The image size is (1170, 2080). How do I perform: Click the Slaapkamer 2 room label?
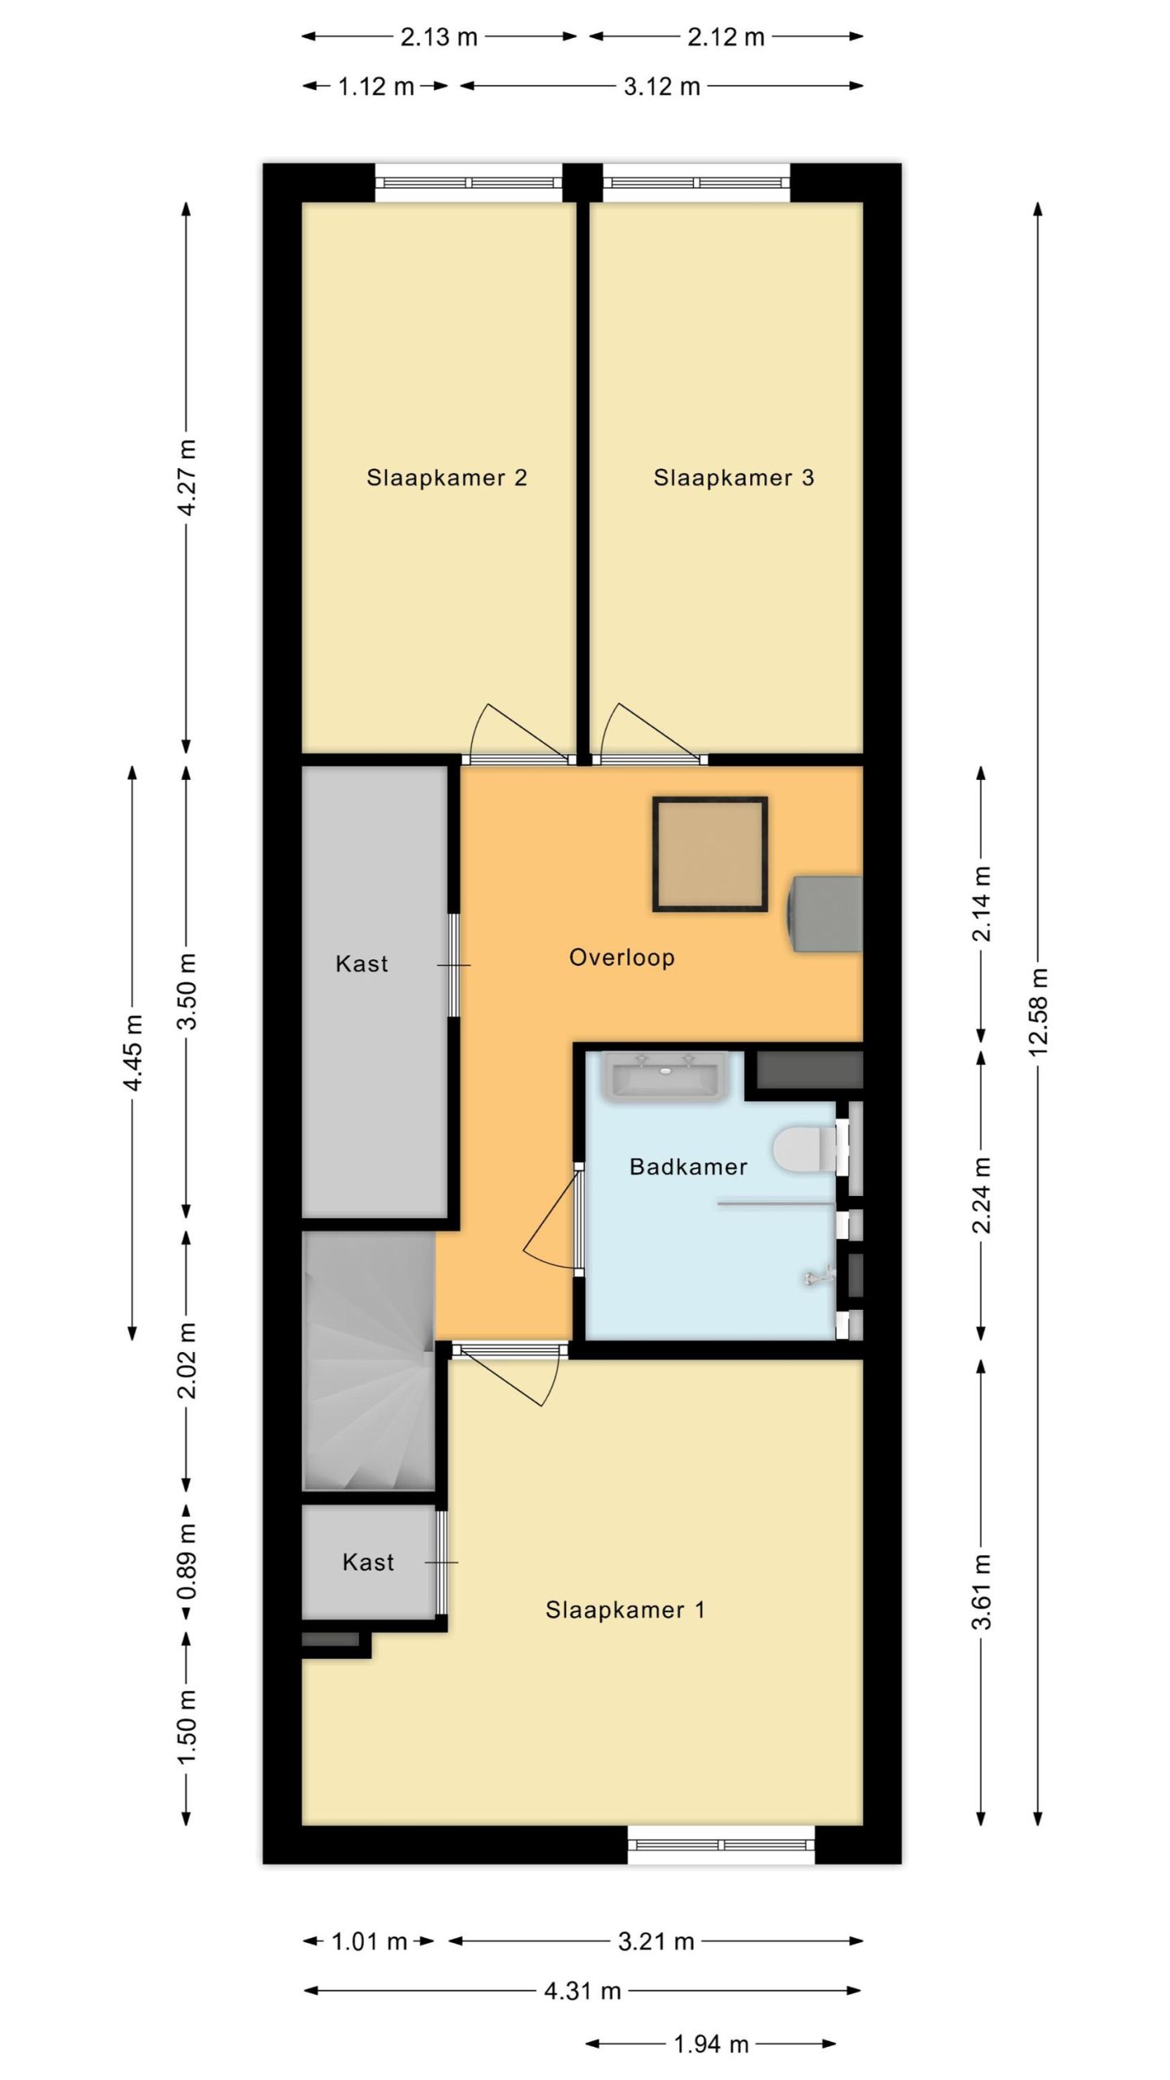tap(447, 478)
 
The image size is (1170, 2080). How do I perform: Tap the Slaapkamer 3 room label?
tap(734, 478)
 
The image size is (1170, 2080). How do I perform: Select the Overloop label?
tap(622, 958)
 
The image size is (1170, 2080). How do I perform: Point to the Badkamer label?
tap(688, 1168)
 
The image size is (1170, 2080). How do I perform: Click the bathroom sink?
tap(665, 1077)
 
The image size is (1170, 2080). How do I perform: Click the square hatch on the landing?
tap(710, 854)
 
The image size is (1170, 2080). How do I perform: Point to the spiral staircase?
tap(370, 1361)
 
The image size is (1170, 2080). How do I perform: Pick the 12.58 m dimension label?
tap(1038, 1012)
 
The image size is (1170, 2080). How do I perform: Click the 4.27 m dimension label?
tap(186, 477)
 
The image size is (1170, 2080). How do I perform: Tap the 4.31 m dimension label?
tap(583, 1991)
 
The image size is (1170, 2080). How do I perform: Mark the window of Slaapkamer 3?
tap(696, 183)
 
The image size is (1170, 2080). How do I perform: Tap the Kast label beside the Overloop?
tap(362, 964)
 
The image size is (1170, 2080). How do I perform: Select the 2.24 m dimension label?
tap(981, 1195)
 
